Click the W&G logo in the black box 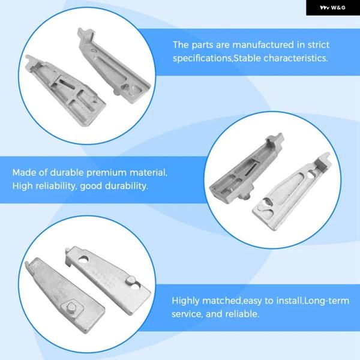click(332, 8)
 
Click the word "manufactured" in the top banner click(263, 45)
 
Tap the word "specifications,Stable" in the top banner click(217, 58)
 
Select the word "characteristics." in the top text click(295, 58)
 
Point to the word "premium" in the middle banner click(106, 173)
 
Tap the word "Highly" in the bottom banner click(185, 301)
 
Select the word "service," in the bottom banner click(187, 314)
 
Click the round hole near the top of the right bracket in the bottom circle click(83, 259)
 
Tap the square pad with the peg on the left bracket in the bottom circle click(71, 307)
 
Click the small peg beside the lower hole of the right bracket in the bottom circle click(130, 280)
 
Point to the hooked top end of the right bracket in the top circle click(86, 35)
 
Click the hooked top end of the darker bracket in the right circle click(275, 140)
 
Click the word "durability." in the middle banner click(126, 186)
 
